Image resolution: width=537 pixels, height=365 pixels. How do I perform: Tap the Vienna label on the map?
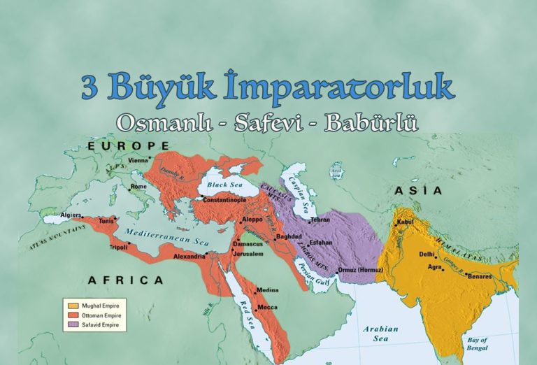138,160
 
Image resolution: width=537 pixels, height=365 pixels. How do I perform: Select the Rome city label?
138,187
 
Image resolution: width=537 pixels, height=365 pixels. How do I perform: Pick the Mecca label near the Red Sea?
268,306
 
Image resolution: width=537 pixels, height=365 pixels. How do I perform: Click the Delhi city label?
427,255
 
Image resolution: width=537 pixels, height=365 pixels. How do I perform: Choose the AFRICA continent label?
126,280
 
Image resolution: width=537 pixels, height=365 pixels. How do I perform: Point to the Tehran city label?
320,220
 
